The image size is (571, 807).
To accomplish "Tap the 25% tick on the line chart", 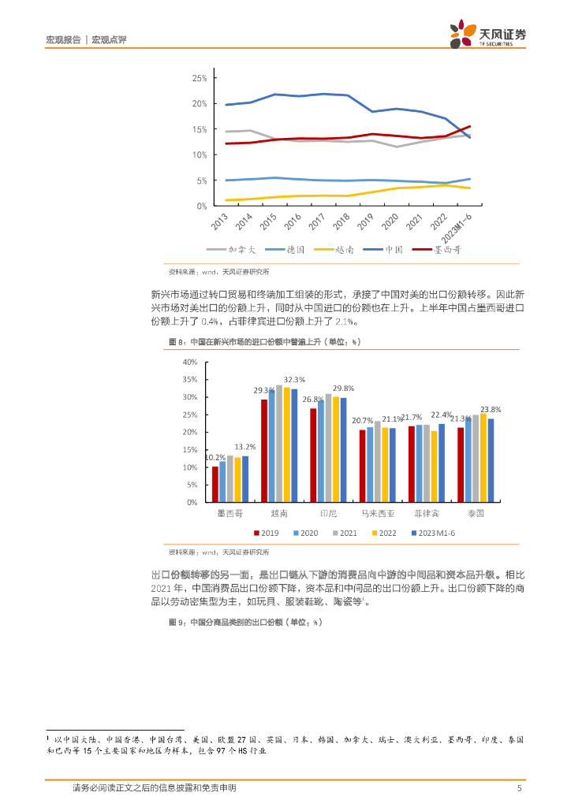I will click(x=199, y=78).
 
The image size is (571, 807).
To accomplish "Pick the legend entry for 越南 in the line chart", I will click(x=334, y=249).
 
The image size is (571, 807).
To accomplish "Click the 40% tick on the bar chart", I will click(x=189, y=362).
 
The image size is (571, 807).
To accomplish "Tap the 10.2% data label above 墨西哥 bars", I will click(x=215, y=457).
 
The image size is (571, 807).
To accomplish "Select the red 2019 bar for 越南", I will click(x=264, y=450).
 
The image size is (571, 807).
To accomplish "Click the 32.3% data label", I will click(x=295, y=379).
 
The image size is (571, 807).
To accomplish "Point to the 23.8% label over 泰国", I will click(x=491, y=409).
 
